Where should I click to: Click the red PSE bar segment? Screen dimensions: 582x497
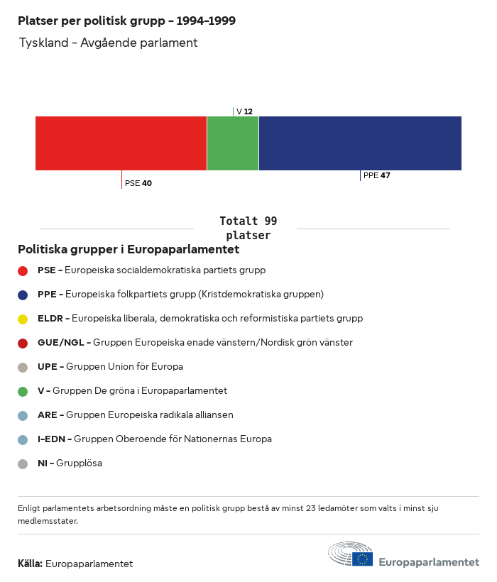coord(121,143)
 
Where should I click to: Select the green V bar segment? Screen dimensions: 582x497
coord(233,143)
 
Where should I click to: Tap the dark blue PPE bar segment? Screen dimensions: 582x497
coord(360,143)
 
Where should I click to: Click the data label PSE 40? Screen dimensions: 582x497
coord(138,183)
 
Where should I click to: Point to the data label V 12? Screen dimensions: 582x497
coord(244,111)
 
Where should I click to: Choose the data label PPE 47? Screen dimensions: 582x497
coord(377,175)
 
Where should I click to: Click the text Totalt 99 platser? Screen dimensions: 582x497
coord(248,229)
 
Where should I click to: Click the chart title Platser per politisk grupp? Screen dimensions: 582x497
coord(127,21)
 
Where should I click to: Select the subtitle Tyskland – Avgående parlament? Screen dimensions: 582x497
coord(108,43)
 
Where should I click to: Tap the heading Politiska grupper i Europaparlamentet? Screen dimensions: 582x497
coord(129,250)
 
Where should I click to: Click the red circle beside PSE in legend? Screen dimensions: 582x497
coord(23,270)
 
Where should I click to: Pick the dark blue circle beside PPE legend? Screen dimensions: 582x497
coord(23,295)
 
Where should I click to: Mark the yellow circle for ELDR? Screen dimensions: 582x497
coord(23,319)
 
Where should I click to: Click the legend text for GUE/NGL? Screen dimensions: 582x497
coord(195,343)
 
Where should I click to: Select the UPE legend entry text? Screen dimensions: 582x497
coord(110,367)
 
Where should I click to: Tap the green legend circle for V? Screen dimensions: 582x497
coord(23,391)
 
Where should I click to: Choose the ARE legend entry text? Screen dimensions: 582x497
coord(136,415)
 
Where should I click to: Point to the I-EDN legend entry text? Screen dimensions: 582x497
coord(155,439)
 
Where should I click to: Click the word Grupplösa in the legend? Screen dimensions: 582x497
coord(79,463)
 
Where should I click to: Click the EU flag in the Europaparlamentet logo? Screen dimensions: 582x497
coord(362,559)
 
